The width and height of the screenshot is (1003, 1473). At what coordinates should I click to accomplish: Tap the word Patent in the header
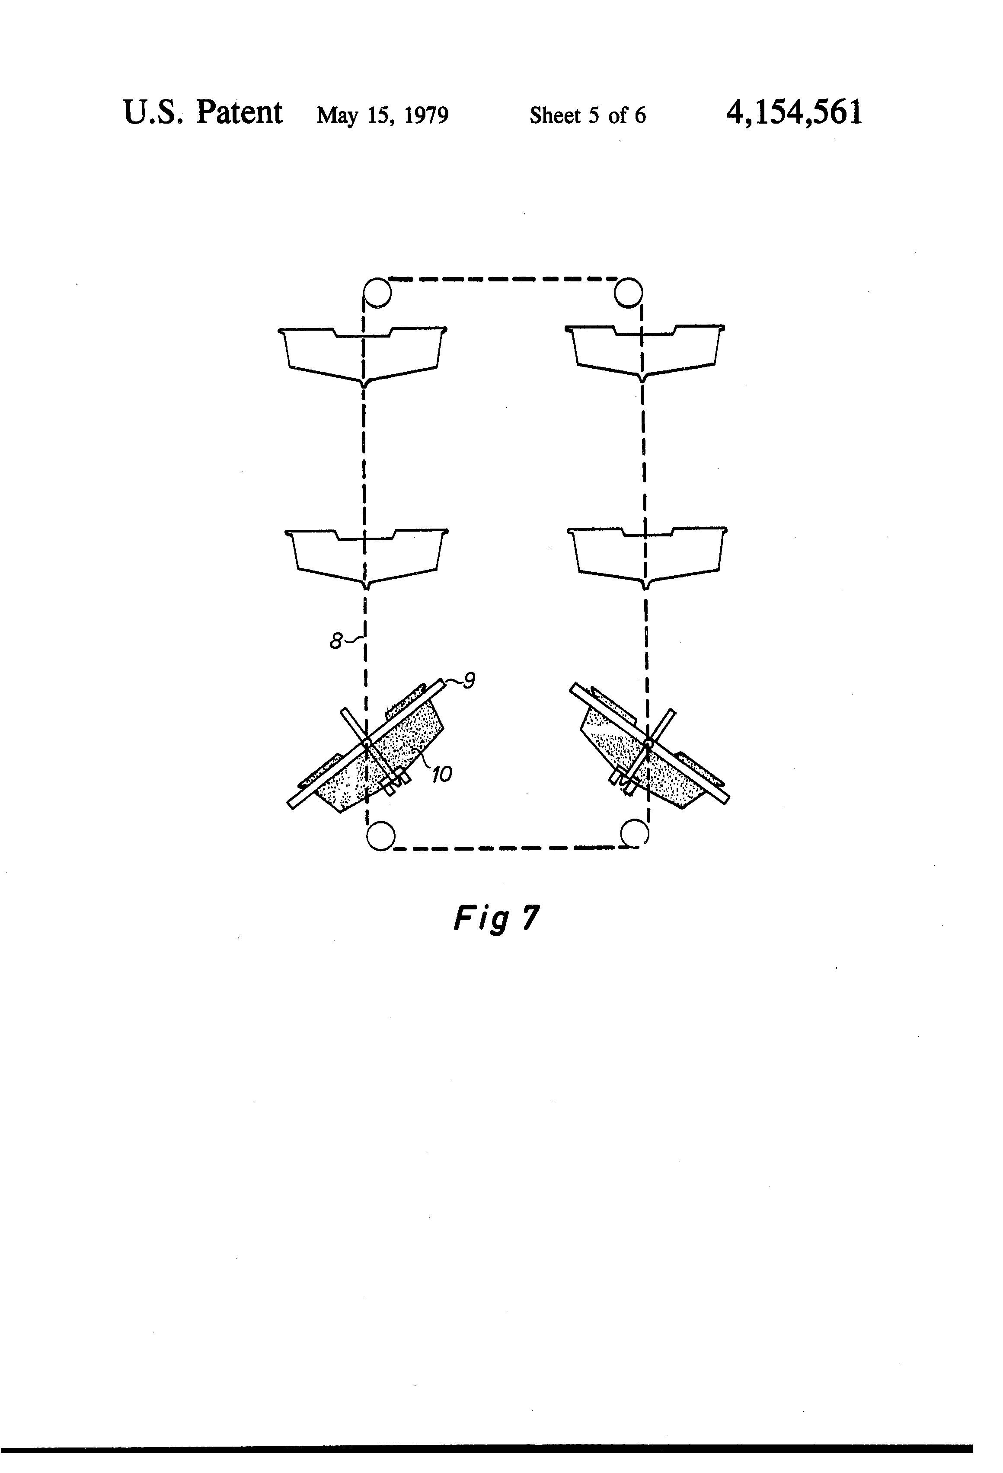(x=239, y=113)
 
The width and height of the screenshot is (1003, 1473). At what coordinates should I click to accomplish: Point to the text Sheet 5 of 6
(x=588, y=115)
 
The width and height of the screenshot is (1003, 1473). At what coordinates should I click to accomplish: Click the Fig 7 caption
(x=496, y=918)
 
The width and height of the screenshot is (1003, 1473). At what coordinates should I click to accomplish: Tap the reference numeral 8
(x=336, y=641)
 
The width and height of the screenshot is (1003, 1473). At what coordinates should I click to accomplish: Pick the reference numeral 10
(x=442, y=774)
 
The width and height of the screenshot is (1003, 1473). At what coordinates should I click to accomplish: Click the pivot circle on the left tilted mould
(x=367, y=742)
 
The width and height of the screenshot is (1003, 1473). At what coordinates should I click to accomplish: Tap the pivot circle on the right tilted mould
(x=648, y=742)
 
